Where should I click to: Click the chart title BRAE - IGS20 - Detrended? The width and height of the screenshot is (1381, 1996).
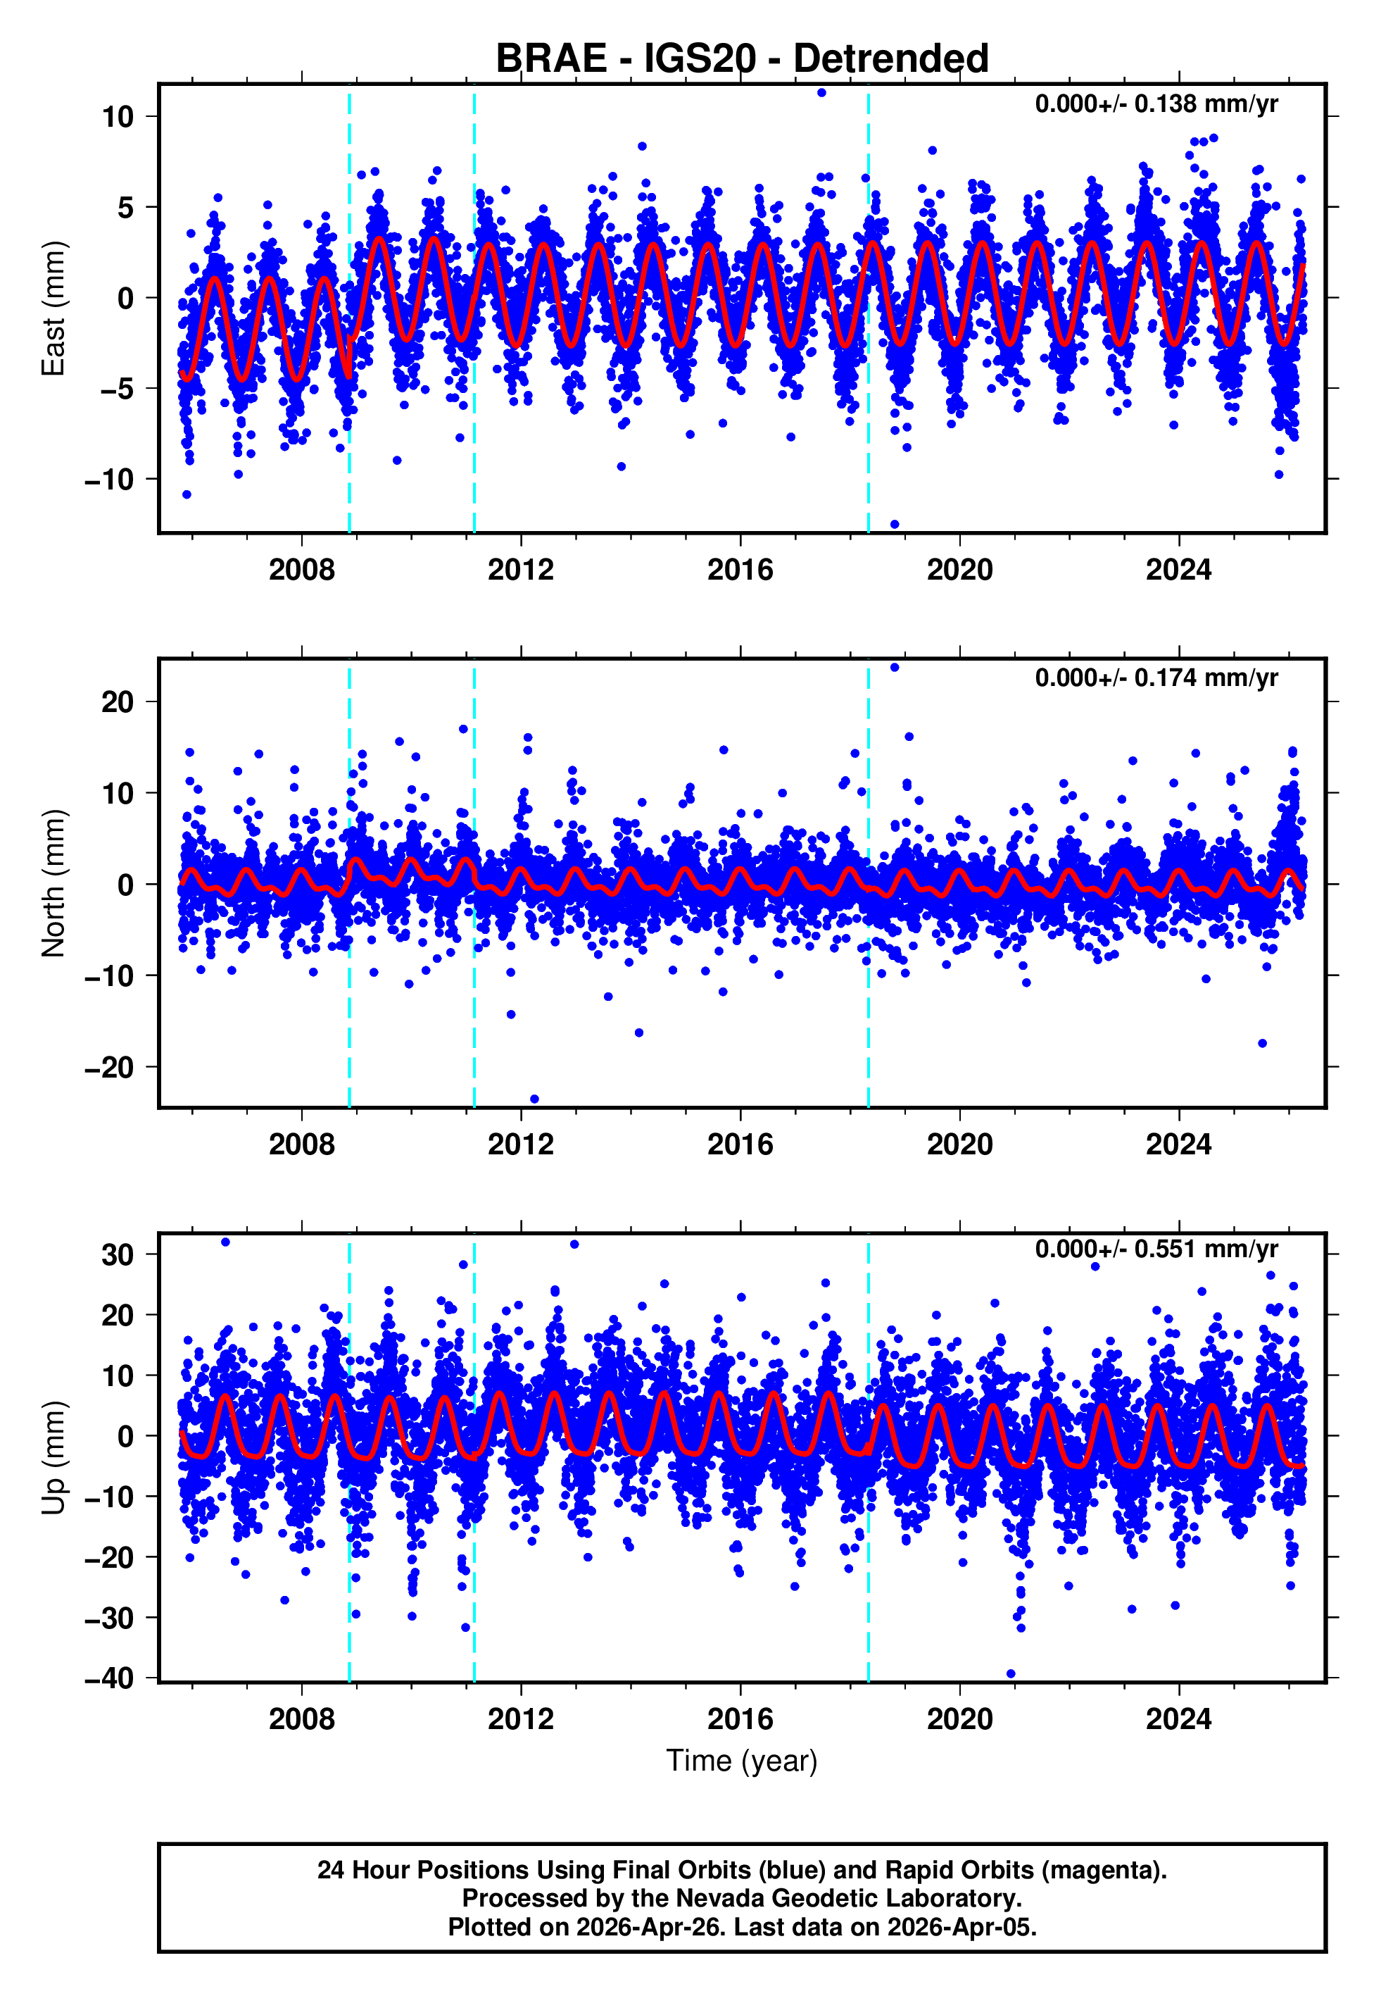click(x=742, y=59)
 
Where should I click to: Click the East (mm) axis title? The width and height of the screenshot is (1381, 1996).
click(x=53, y=308)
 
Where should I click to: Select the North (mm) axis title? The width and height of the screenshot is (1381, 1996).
click(x=53, y=883)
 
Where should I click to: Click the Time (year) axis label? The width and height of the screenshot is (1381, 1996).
click(x=742, y=1759)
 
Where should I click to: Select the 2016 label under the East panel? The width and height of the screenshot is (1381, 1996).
click(x=740, y=570)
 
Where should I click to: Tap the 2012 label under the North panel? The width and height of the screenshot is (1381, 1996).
click(x=520, y=1144)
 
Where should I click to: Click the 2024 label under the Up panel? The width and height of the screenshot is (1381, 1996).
click(x=1178, y=1719)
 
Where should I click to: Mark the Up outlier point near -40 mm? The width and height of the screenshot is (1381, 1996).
click(x=1011, y=1674)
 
